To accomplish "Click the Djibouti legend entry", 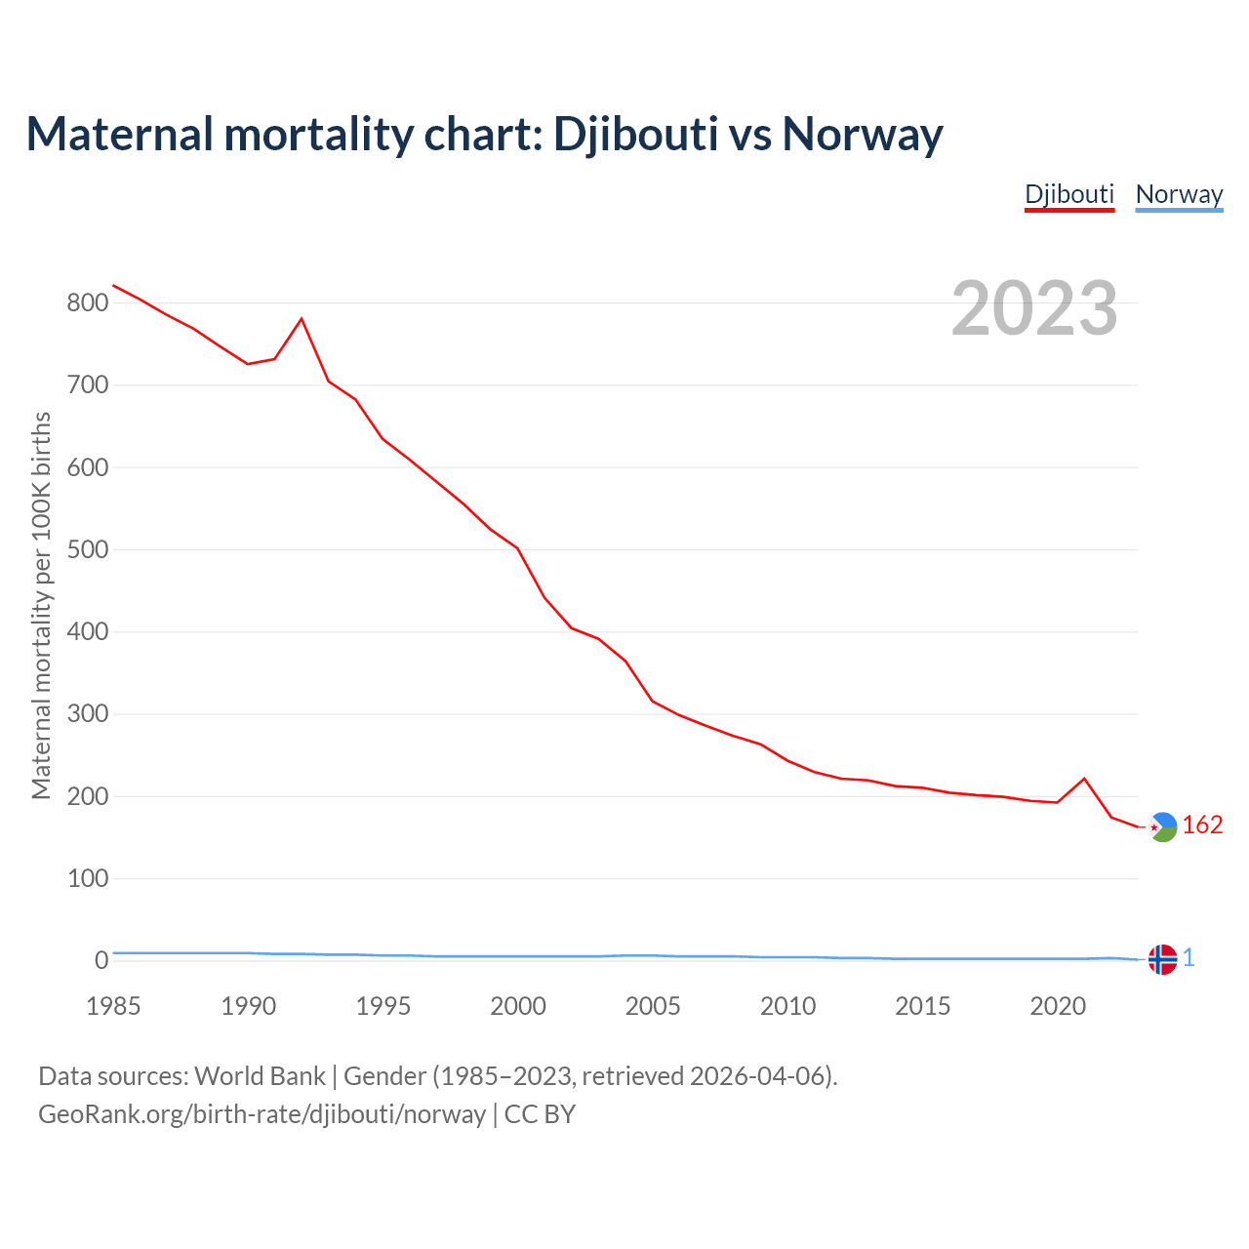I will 1068,194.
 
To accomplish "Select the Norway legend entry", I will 1179,194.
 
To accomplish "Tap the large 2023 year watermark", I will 1034,307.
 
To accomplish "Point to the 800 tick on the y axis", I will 87,302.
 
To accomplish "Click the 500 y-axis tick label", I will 87,549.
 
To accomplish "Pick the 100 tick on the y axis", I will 87,878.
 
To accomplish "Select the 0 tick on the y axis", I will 101,960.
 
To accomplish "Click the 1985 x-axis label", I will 113,1006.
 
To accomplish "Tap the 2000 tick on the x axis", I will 518,1006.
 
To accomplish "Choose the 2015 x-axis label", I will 922,1006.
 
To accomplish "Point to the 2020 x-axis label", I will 1058,1006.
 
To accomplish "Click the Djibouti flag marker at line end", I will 1162,826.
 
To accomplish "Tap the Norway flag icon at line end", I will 1162,959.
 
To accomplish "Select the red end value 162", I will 1202,826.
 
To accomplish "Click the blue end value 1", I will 1189,958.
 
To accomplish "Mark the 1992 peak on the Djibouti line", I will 302,319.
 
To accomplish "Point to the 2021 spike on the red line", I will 1084,779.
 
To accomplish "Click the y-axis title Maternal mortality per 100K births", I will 41,605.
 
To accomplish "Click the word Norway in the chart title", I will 863,134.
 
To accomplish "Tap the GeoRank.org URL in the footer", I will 262,1114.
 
